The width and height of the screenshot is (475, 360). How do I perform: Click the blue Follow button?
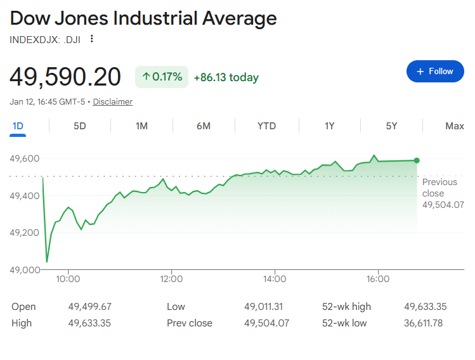(x=435, y=72)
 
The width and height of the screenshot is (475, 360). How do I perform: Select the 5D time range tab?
(x=80, y=125)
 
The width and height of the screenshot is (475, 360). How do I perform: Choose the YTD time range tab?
(x=266, y=125)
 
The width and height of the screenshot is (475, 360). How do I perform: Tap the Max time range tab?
(x=454, y=125)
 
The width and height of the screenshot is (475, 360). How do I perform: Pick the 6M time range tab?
(x=204, y=125)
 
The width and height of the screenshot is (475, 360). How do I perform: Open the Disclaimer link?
(x=113, y=101)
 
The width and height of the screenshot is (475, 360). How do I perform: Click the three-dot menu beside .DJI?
(x=92, y=39)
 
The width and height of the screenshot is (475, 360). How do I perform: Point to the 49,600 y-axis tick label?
(x=24, y=158)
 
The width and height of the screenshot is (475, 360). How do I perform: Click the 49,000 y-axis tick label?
(x=24, y=270)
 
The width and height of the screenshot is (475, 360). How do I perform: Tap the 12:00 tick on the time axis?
(x=171, y=279)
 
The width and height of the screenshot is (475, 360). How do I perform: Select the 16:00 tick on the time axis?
(x=378, y=279)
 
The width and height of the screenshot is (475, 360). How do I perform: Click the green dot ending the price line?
(x=417, y=160)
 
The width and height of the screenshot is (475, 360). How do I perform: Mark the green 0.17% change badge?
(x=162, y=77)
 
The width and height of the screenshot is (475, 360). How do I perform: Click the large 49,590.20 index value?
(x=65, y=77)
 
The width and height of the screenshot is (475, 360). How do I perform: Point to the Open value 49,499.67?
(x=89, y=307)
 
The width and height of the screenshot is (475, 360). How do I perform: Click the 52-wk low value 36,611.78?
(x=425, y=323)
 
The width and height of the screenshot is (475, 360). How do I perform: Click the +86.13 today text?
(x=226, y=77)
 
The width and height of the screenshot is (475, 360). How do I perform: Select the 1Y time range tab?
(x=329, y=125)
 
